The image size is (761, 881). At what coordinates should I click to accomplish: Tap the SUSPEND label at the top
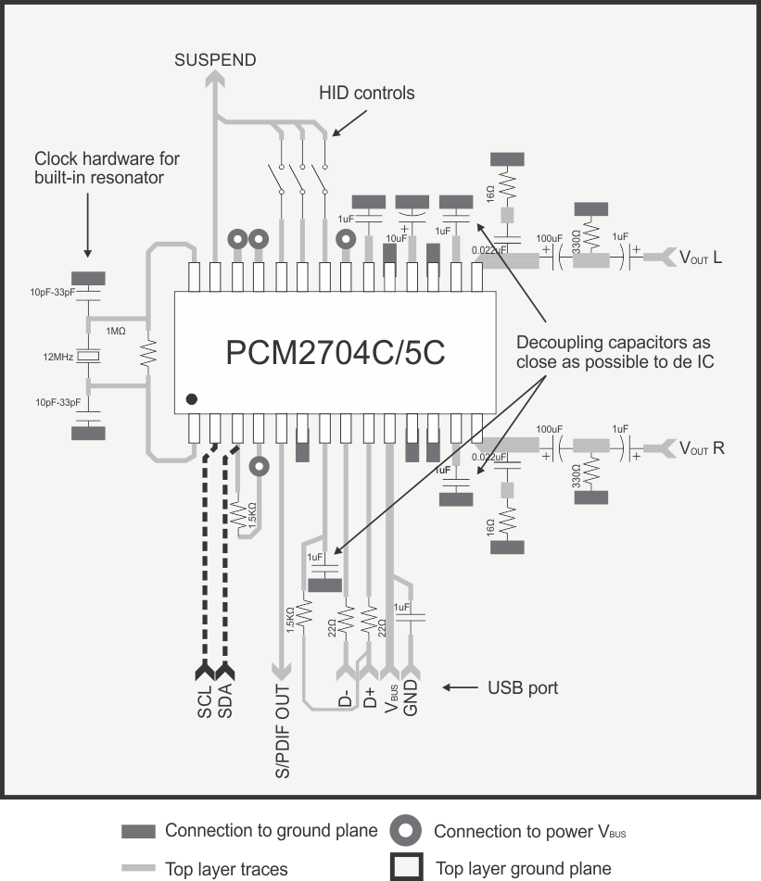coord(215,60)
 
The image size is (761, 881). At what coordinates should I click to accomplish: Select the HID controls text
coord(366,94)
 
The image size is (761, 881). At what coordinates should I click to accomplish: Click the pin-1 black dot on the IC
coord(192,399)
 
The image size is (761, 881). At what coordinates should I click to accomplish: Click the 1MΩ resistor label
coord(116,332)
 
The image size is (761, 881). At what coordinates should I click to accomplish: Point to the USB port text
coord(523,688)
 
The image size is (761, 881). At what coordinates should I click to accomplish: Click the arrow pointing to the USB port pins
coord(460,688)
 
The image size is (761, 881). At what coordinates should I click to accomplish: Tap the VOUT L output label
coord(701,258)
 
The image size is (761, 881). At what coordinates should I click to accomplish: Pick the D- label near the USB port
coord(345,698)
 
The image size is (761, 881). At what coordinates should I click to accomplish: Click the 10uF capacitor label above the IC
coord(396,239)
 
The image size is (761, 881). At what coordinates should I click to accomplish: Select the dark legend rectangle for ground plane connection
coord(139,831)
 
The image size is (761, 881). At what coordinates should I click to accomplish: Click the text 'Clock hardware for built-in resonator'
coord(107,168)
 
